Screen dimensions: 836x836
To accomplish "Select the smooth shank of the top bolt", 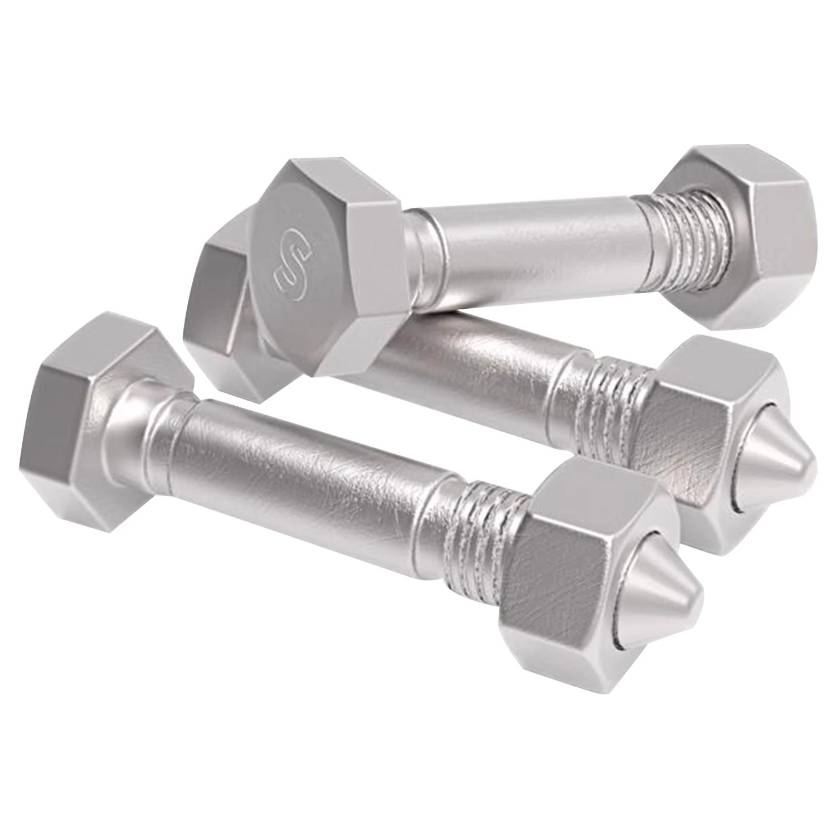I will pos(535,245).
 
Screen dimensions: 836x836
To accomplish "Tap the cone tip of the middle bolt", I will pos(777,457).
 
